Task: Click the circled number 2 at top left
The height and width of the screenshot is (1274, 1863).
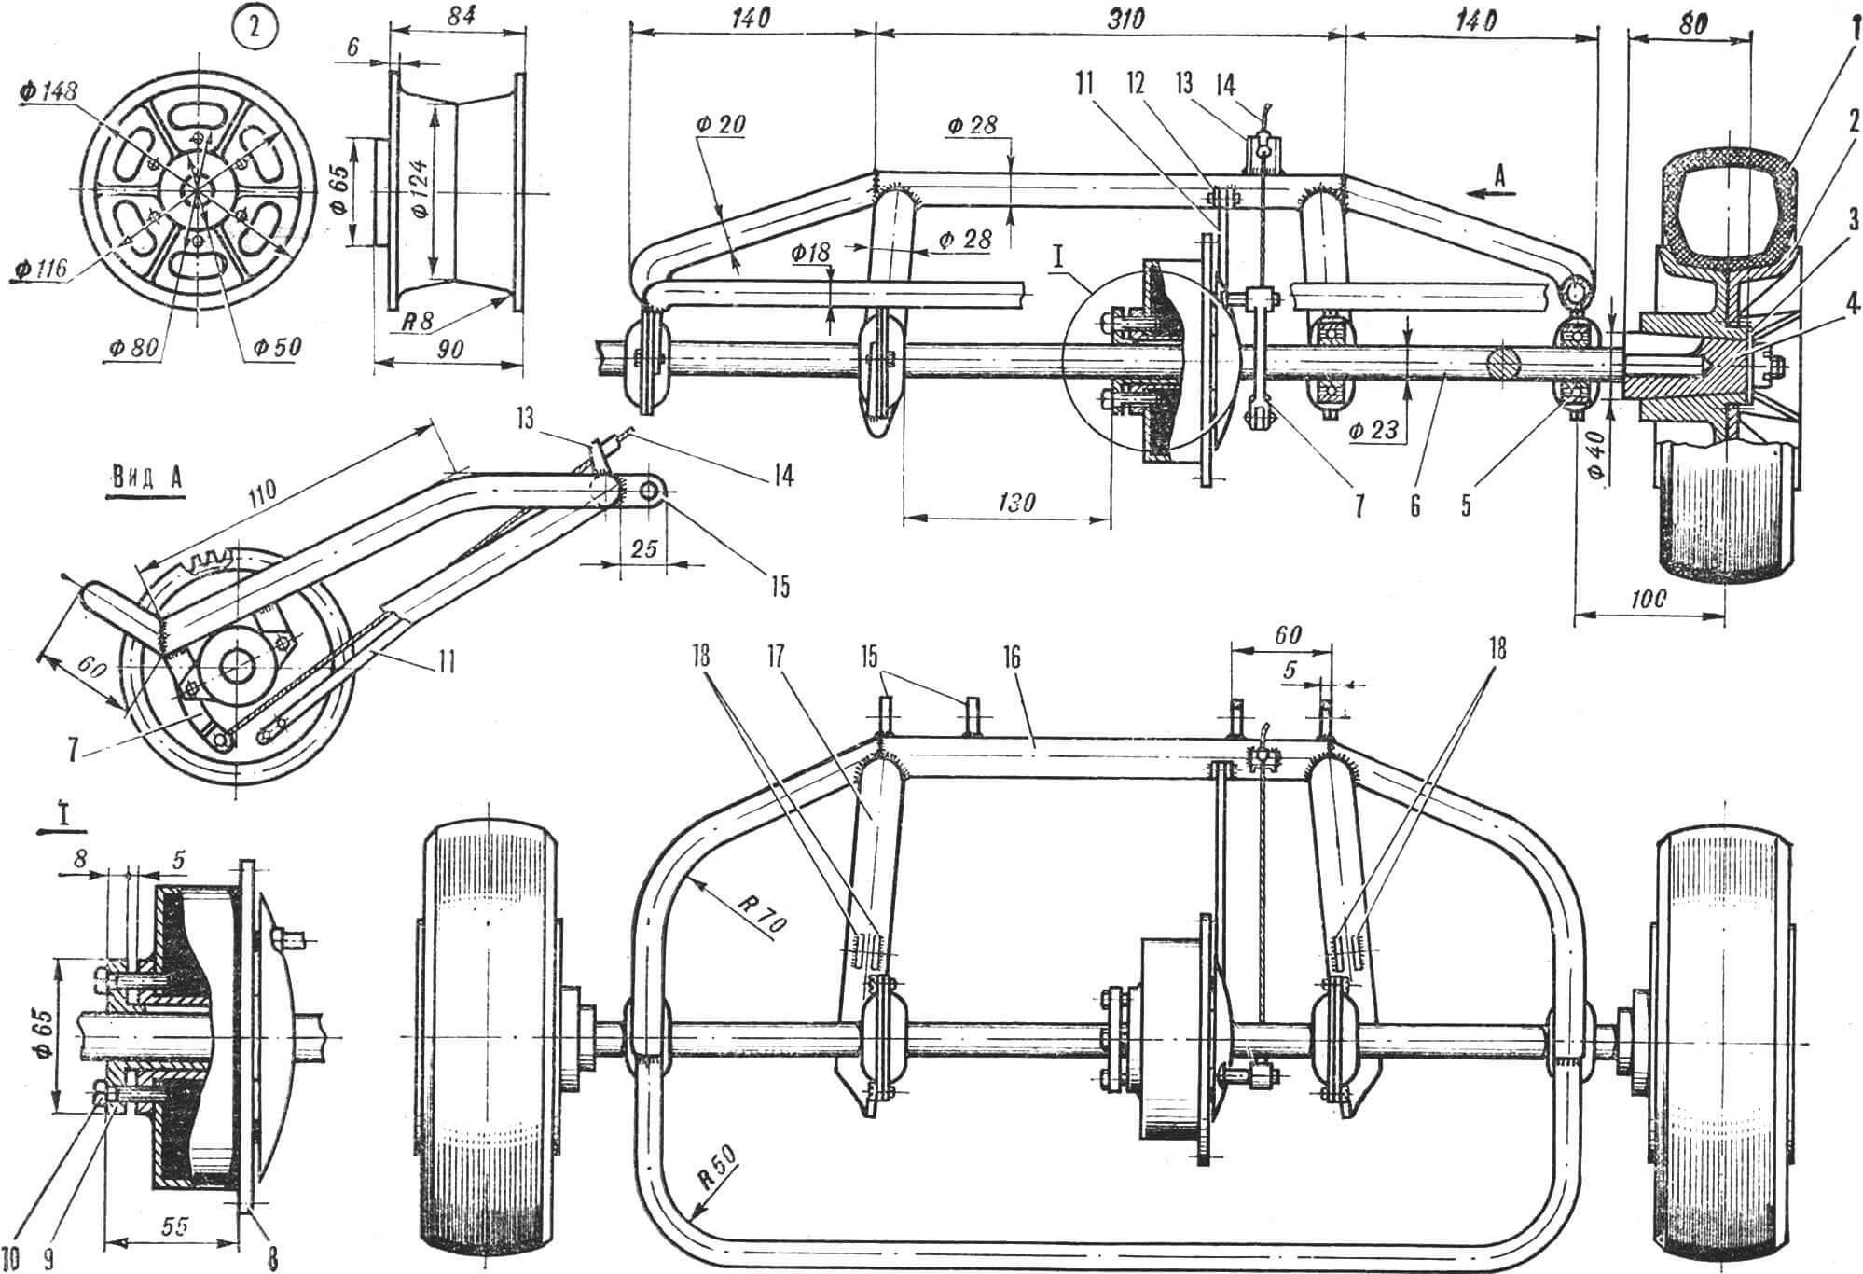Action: [251, 31]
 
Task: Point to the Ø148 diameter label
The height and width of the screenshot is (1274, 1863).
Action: [48, 91]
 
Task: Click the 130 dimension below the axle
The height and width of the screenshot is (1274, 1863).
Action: [1014, 503]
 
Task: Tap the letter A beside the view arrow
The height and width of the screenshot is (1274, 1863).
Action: [1499, 173]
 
